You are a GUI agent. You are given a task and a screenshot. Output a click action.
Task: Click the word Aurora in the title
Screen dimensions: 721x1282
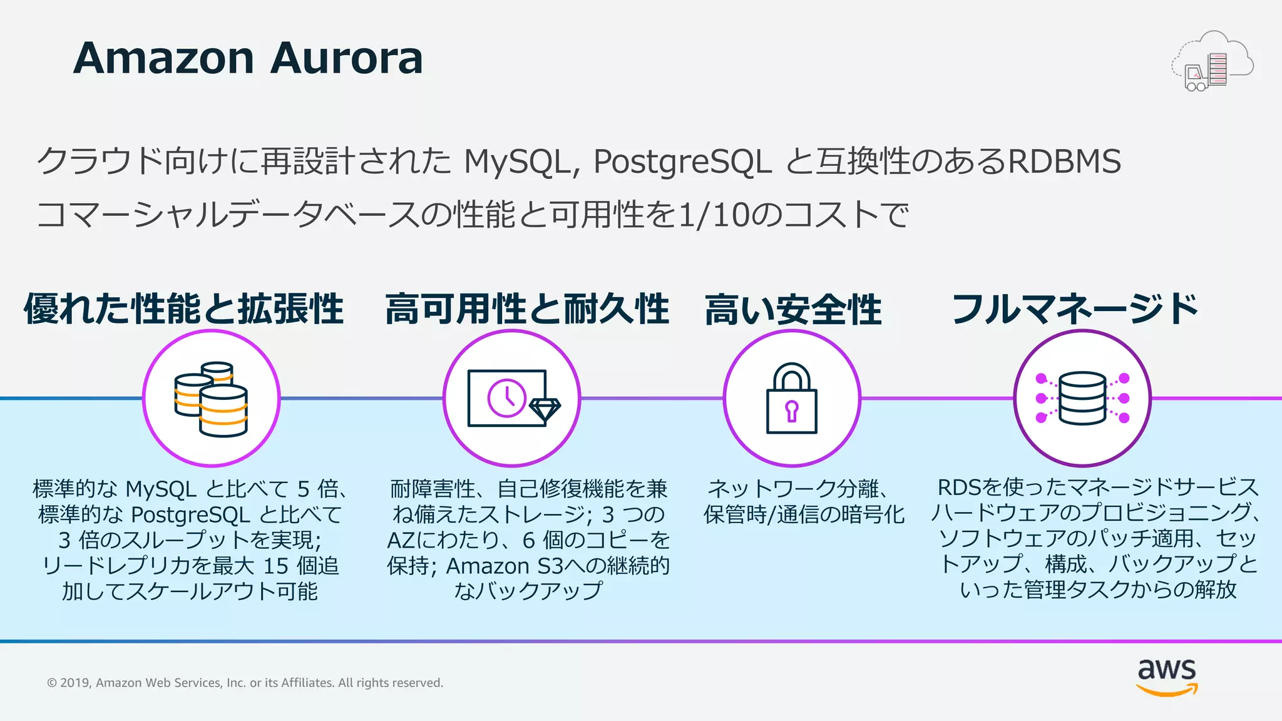pyautogui.click(x=347, y=58)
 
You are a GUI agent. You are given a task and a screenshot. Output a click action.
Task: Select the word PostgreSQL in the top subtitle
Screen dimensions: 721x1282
pyautogui.click(x=682, y=161)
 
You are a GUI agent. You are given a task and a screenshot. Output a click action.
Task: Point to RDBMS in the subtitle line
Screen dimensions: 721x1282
pyautogui.click(x=1064, y=161)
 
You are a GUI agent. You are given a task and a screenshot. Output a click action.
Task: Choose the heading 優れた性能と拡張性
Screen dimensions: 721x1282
pyautogui.click(x=184, y=309)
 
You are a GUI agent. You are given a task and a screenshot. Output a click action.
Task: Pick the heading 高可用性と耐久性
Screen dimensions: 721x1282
pyautogui.click(x=527, y=309)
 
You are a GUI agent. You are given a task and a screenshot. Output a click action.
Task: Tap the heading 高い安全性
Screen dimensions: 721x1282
pyautogui.click(x=793, y=310)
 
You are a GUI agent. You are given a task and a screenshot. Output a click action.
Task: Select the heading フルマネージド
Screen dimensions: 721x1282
pyautogui.click(x=1075, y=309)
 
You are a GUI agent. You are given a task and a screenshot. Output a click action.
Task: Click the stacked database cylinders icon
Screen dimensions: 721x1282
pyautogui.click(x=211, y=399)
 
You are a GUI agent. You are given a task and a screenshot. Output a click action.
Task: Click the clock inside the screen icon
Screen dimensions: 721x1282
pyautogui.click(x=506, y=398)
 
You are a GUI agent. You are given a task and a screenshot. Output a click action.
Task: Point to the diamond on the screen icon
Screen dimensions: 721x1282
pyautogui.click(x=545, y=409)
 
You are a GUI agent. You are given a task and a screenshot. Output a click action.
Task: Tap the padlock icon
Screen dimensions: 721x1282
pyautogui.click(x=792, y=399)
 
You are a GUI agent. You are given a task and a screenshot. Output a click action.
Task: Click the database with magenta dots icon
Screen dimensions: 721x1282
pyautogui.click(x=1082, y=399)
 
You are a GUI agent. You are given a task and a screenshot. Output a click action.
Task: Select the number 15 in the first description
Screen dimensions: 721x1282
pyautogui.click(x=275, y=566)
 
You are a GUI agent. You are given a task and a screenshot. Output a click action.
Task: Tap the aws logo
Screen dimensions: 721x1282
pyautogui.click(x=1167, y=676)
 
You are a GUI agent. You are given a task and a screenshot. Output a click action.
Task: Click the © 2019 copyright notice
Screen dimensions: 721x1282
pyautogui.click(x=245, y=683)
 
